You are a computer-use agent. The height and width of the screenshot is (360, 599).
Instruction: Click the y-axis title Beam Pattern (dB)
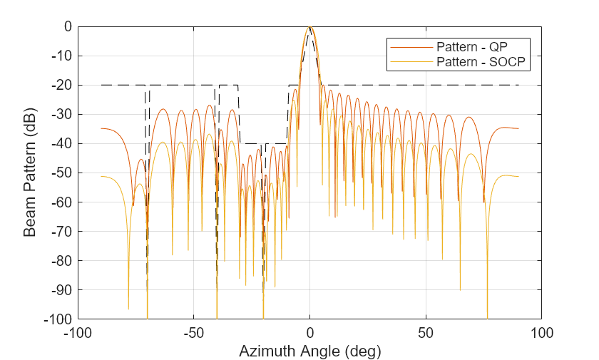(30, 173)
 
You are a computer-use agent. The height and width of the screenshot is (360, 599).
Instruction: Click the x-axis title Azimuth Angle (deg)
(309, 351)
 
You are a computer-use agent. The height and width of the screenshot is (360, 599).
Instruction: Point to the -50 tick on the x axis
(193, 332)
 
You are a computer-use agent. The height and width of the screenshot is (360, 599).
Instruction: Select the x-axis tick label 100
(541, 332)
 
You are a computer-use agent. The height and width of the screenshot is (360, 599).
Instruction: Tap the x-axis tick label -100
(78, 332)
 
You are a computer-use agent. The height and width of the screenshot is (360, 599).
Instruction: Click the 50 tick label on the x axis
(426, 332)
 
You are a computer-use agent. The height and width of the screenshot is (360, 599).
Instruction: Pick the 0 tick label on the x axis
(309, 332)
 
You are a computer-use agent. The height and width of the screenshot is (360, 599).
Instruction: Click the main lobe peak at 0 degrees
(309, 27)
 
